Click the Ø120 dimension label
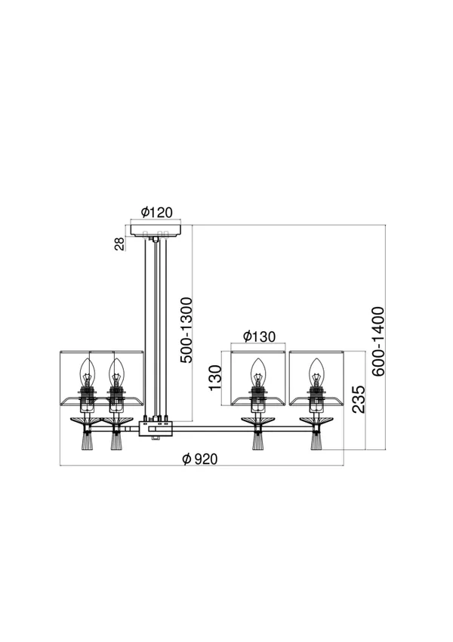[156, 212]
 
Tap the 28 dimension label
[119, 243]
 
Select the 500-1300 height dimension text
[186, 330]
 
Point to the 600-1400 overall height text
[378, 342]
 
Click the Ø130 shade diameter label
[259, 337]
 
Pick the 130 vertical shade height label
[215, 377]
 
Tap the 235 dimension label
[358, 399]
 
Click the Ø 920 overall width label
[200, 459]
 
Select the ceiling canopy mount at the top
[156, 230]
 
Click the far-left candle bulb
[87, 371]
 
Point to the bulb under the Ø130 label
[257, 371]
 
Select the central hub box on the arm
[156, 428]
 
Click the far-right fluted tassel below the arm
[316, 442]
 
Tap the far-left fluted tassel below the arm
[87, 442]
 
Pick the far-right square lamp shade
[316, 378]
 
